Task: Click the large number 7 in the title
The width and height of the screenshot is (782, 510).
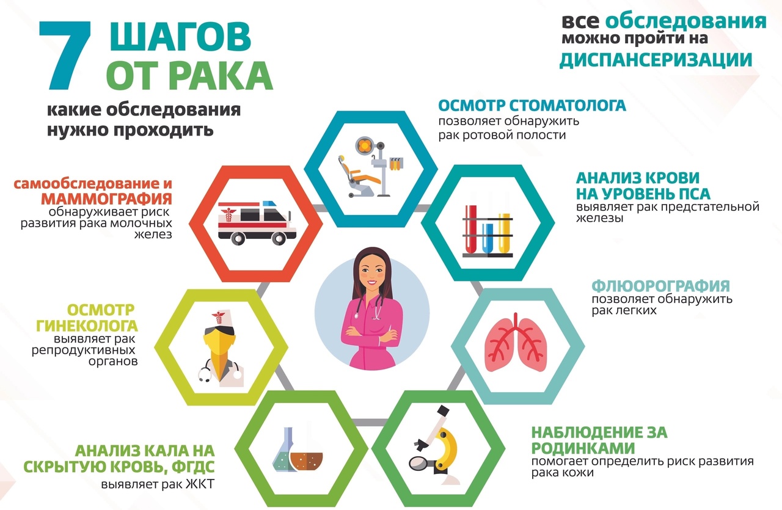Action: tap(65, 54)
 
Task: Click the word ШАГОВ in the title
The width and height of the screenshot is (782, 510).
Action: tap(180, 37)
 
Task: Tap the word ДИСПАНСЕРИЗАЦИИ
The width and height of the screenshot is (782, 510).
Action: tap(656, 60)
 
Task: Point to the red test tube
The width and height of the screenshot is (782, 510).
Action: tap(471, 229)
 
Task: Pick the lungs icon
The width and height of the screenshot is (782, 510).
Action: tap(516, 343)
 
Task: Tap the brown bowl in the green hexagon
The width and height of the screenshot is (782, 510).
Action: tap(306, 461)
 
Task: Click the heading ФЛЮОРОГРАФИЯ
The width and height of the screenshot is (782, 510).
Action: tap(660, 286)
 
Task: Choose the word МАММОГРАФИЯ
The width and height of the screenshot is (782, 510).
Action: tap(106, 199)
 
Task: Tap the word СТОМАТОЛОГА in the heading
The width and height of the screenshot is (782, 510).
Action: tap(568, 106)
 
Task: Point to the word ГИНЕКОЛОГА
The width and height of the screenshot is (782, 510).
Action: tap(87, 326)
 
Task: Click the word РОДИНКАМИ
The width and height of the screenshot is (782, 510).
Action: tap(583, 448)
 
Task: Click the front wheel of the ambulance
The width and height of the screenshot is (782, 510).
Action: tap(279, 239)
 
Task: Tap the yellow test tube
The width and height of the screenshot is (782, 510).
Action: tap(504, 233)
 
